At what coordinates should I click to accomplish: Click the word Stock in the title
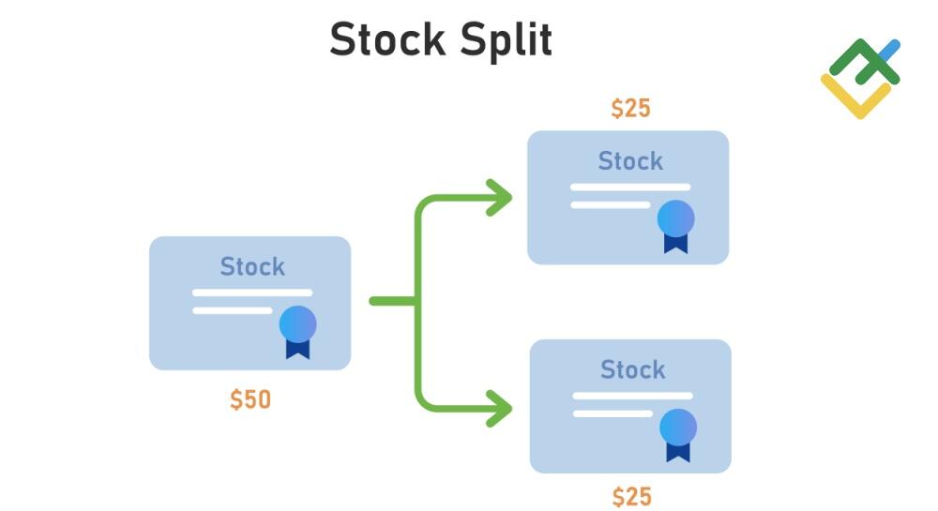[x=386, y=40]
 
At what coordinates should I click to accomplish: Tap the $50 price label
[x=250, y=399]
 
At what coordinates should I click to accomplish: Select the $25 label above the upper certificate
[x=630, y=109]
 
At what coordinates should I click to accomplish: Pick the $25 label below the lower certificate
[x=631, y=496]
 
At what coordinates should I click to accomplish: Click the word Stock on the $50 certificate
[x=252, y=267]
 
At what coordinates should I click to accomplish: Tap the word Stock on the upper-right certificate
[x=630, y=161]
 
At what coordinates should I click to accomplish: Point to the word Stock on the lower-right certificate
[x=632, y=369]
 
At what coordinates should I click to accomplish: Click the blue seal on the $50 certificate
[x=297, y=323]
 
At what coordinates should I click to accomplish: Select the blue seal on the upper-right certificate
[x=675, y=218]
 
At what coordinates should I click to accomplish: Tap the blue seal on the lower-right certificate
[x=677, y=427]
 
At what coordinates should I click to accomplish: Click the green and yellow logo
[x=860, y=78]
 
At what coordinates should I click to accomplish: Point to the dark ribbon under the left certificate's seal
[x=297, y=349]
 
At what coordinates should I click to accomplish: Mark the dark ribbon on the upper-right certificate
[x=675, y=243]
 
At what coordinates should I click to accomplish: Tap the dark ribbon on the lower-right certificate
[x=677, y=451]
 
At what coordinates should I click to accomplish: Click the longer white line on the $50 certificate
[x=252, y=293]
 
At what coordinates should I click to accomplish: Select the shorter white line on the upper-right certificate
[x=610, y=204]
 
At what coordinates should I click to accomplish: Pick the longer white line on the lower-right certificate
[x=632, y=396]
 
